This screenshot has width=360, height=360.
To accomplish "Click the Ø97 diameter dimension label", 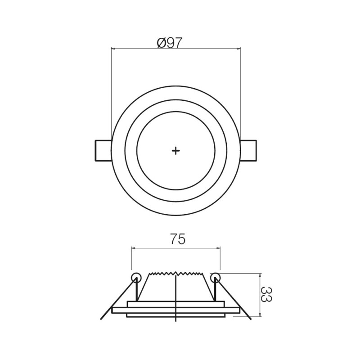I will [170, 43].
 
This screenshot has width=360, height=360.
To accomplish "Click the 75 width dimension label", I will [177, 239].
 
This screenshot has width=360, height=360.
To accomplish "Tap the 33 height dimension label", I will [266, 295].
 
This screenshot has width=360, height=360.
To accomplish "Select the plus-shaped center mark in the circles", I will [175, 151].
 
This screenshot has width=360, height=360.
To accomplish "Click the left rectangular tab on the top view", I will [103, 151].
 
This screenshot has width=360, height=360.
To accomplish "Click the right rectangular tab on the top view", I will [248, 151].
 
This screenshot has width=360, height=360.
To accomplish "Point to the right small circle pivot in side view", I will [216, 277].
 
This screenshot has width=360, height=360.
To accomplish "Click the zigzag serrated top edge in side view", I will [175, 274].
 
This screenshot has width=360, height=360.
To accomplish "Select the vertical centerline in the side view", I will [175, 297].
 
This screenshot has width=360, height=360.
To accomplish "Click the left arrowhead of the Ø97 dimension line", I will [113, 49].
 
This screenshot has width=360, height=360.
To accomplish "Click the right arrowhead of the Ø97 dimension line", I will [238, 49].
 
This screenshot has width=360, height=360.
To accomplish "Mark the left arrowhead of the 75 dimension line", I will [133, 247].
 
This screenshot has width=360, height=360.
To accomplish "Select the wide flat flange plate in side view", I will [175, 310].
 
